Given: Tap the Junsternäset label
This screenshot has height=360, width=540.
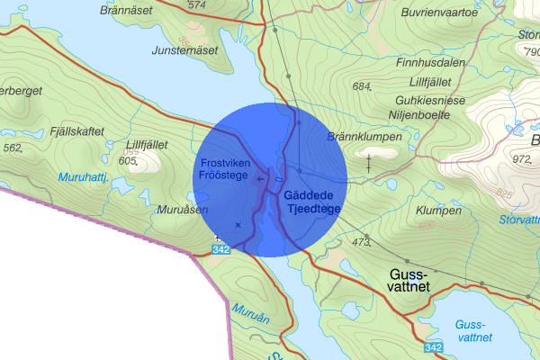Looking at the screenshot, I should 185,49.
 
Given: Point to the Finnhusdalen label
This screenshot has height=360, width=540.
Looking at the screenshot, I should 432,64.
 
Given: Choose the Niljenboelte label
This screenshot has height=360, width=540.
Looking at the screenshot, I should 430,115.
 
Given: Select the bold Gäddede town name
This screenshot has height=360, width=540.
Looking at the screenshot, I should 309,195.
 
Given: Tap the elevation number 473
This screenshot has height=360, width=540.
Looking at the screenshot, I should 362,242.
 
